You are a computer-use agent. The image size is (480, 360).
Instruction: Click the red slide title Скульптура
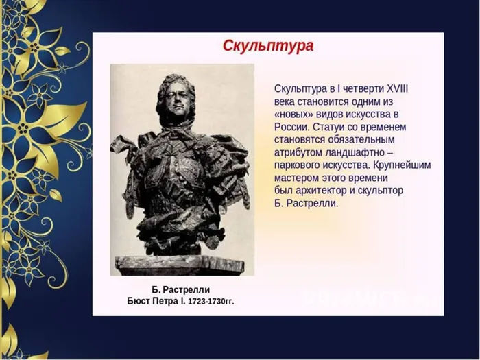[268, 47]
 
